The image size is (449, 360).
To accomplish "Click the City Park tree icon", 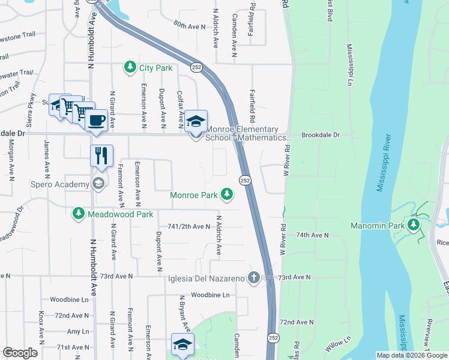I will tap(130, 67).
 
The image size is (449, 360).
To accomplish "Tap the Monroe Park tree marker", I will tap(226, 194).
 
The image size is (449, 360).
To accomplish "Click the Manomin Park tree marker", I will tap(413, 225).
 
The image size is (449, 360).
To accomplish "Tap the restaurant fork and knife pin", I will tap(101, 155).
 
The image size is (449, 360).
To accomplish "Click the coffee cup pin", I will tap(96, 119).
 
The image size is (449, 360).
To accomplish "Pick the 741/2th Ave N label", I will tap(190, 226).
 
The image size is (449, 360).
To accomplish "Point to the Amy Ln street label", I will tap(78, 331).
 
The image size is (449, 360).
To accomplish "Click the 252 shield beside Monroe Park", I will tap(245, 180).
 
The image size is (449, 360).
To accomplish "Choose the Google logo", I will tap(20, 353).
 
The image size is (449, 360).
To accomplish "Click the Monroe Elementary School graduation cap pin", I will tap(195, 121).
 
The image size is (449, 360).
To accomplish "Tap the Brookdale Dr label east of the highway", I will tap(321, 136).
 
